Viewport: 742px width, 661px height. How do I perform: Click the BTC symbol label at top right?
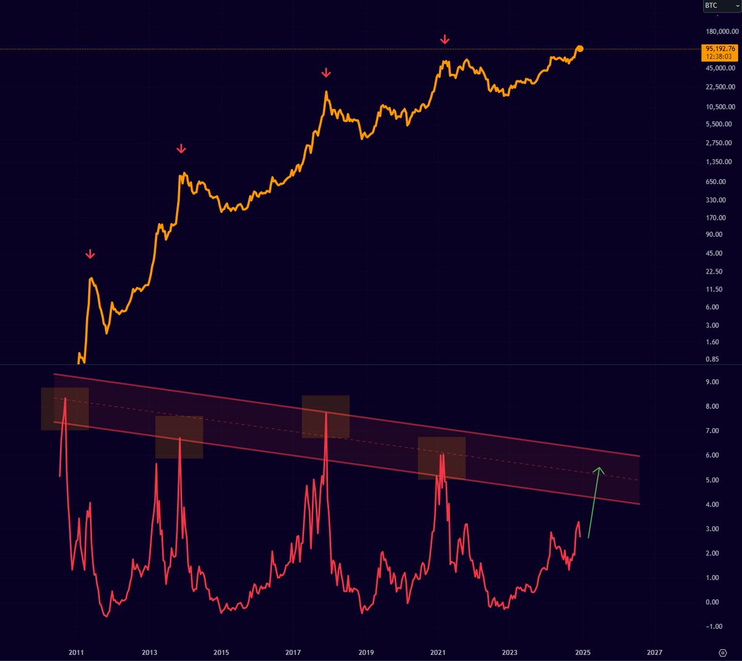point(712,6)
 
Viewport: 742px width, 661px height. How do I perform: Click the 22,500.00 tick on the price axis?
point(719,87)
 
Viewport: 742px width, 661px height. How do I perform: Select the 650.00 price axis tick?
point(715,182)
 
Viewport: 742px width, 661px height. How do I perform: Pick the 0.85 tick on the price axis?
point(712,359)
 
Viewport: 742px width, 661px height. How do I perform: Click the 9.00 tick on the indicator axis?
point(712,382)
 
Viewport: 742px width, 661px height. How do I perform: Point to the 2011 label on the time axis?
point(76,652)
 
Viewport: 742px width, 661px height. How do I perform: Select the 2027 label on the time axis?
point(654,652)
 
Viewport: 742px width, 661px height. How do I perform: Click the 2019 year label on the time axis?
point(365,652)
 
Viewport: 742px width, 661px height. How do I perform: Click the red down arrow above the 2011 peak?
point(90,254)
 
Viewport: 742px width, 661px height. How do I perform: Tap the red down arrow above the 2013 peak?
point(181,149)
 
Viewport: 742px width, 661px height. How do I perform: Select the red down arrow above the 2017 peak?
point(326,74)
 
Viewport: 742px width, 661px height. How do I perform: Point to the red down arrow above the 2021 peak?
point(445,40)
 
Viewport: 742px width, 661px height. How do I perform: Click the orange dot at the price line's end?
point(579,48)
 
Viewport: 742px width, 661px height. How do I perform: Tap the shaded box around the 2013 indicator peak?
point(179,437)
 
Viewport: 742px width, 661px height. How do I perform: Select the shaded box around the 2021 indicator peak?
point(441,458)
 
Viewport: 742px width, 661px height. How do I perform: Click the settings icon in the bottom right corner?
point(722,652)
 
